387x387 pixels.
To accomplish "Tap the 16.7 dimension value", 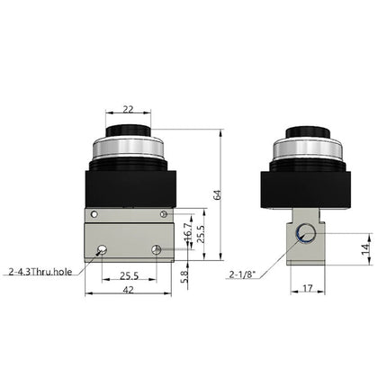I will pyautogui.click(x=187, y=233).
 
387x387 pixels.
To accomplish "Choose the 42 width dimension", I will pyautogui.click(x=130, y=292).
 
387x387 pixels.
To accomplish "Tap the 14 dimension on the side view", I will pyautogui.click(x=365, y=247).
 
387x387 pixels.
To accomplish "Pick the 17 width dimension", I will pyautogui.click(x=309, y=290).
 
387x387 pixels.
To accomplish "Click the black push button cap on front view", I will pyautogui.click(x=128, y=134).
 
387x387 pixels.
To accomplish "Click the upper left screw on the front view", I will pyautogui.click(x=94, y=213).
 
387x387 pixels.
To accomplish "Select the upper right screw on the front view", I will pyautogui.click(x=163, y=213).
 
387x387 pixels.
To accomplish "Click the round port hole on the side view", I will pyautogui.click(x=307, y=234).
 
